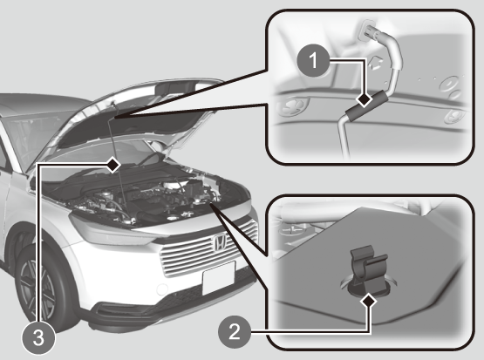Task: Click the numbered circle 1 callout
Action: [x=313, y=60]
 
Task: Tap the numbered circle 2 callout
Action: [x=235, y=332]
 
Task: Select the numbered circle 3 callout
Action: [x=38, y=337]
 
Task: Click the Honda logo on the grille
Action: [x=220, y=241]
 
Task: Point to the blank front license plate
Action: [x=219, y=278]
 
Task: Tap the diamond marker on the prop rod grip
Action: [x=365, y=100]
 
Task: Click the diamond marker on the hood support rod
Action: [x=113, y=165]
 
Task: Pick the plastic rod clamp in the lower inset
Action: [x=366, y=269]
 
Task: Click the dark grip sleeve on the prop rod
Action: [x=365, y=106]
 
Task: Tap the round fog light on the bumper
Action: [x=161, y=289]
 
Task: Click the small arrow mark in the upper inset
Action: [x=376, y=63]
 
